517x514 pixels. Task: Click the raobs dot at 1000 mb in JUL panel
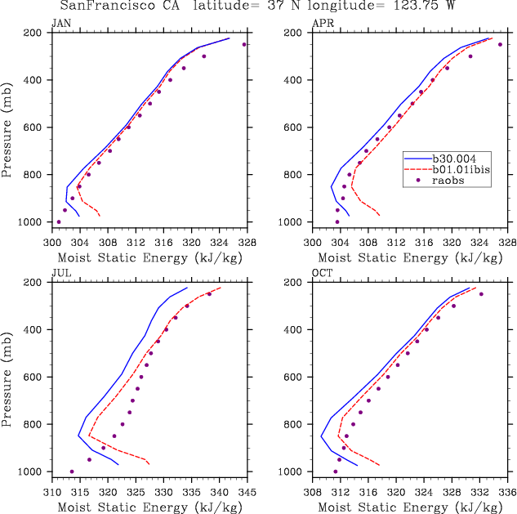coord(72,472)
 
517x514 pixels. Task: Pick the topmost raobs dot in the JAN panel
coord(244,45)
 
